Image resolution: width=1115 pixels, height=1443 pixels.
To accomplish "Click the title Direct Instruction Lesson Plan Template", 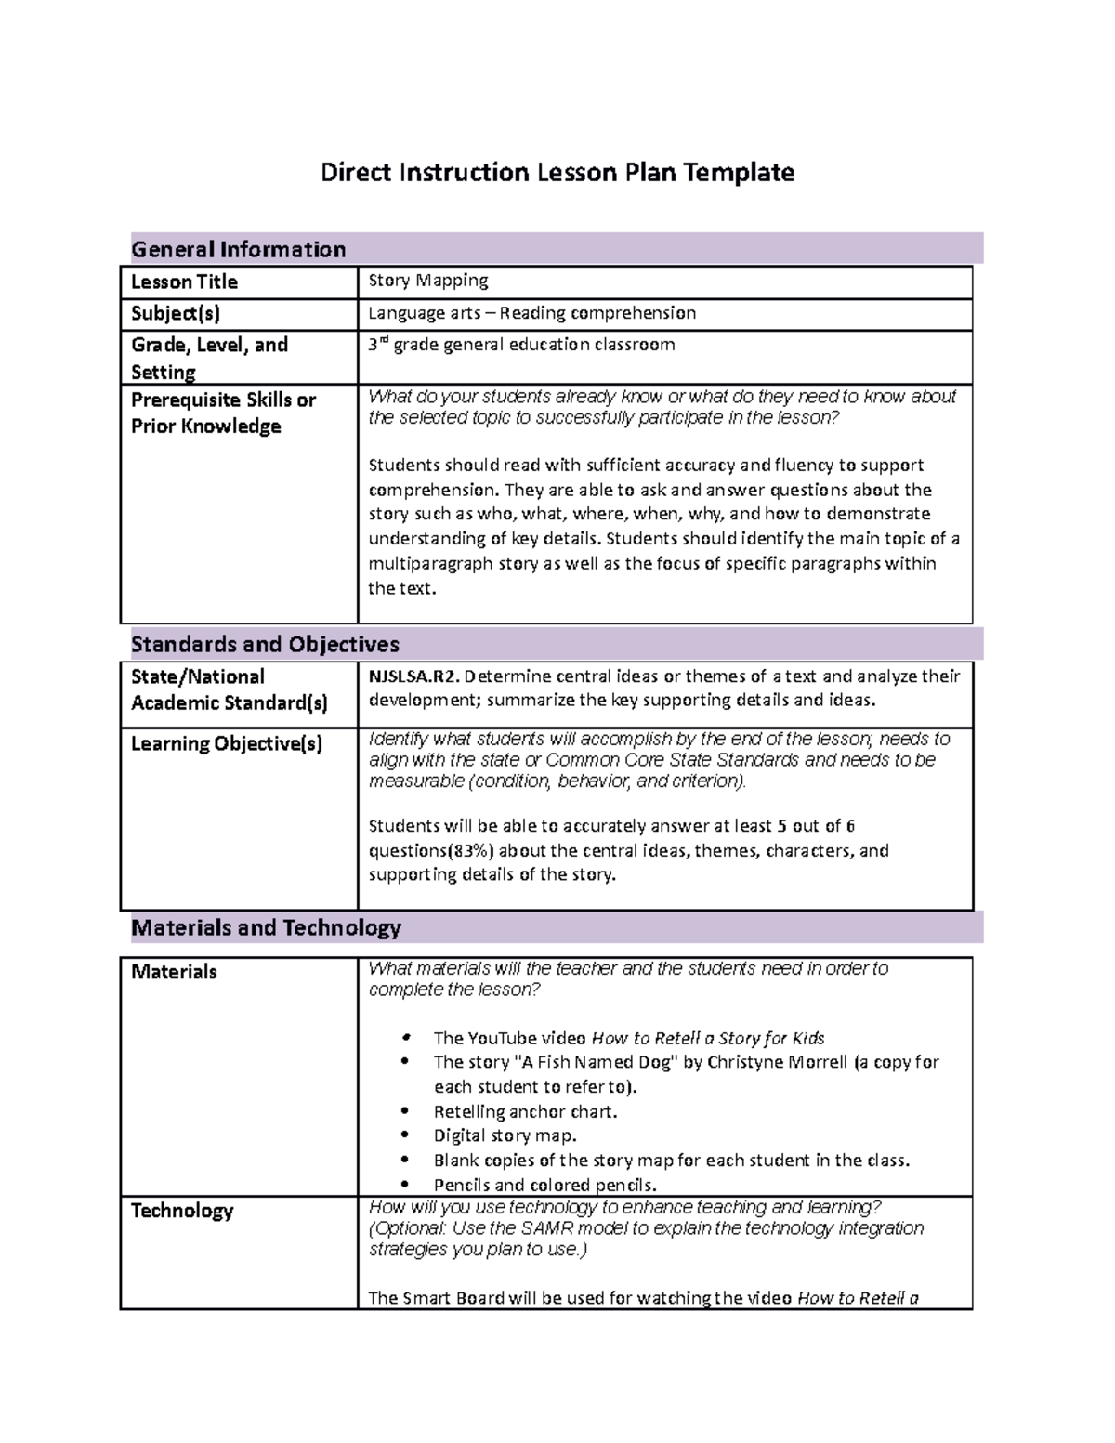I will (x=557, y=173).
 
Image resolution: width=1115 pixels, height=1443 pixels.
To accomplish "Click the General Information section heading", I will (x=238, y=249).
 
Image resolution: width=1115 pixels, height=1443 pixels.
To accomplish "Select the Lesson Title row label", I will (x=184, y=282).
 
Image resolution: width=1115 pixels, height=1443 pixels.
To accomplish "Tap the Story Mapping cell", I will (x=427, y=281).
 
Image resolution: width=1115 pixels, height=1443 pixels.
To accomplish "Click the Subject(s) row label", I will (x=176, y=313).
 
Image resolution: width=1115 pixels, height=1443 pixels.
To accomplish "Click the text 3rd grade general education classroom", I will (x=521, y=345).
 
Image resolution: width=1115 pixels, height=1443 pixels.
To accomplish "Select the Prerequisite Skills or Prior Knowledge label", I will (x=223, y=413).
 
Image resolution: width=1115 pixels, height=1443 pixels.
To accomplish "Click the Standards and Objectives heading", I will (x=265, y=644).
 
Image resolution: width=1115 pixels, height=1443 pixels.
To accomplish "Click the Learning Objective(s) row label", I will (x=227, y=743).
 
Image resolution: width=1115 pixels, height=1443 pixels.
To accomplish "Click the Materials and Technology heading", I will (x=266, y=927).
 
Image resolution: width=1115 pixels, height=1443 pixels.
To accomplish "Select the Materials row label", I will (x=174, y=972).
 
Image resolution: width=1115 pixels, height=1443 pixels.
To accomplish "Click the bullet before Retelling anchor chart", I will (x=404, y=1111).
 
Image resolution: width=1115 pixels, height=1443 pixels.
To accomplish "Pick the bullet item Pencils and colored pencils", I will (x=544, y=1185).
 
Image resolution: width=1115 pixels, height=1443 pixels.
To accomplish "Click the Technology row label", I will (x=182, y=1211).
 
